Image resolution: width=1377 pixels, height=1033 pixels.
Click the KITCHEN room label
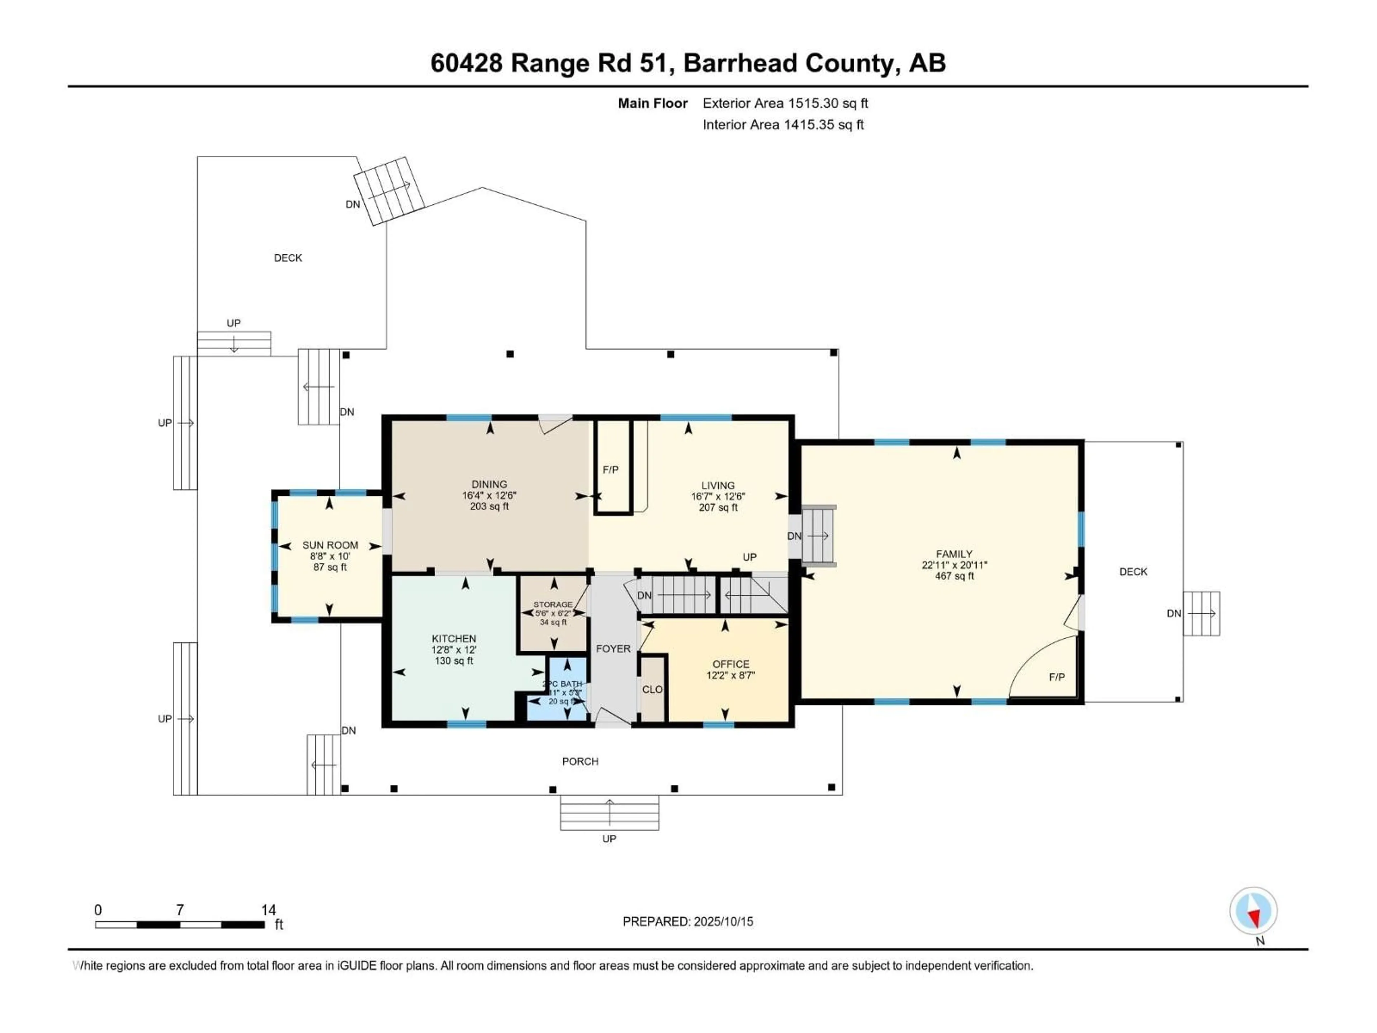454,638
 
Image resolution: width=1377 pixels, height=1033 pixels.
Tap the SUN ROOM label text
330,545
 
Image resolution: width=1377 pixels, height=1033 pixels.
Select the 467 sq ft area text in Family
954,576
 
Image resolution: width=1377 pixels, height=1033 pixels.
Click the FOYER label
613,648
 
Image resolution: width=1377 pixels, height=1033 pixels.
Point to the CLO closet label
652,689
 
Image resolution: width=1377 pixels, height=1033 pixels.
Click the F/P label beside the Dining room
610,470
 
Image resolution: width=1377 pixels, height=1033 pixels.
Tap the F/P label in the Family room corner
1056,677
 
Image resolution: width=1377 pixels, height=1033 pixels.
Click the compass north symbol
1253,911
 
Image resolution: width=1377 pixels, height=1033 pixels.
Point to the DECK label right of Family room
1132,572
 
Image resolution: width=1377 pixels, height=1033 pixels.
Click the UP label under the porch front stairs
609,839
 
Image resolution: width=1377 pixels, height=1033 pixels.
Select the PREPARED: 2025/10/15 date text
687,921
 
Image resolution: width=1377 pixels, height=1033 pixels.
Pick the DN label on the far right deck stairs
1173,613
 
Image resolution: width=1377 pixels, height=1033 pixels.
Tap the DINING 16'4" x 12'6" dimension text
489,496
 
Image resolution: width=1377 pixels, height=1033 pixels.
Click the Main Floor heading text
652,103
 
